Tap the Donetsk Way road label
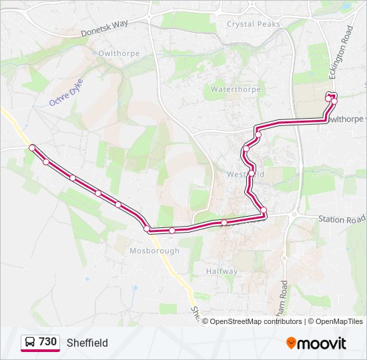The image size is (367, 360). point(103,28)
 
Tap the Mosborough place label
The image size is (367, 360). point(154,251)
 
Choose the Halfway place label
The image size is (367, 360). point(222,271)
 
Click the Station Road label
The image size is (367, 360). point(342,219)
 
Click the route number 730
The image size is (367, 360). point(47,342)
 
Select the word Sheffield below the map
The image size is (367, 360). point(87,343)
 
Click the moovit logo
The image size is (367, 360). point(316,343)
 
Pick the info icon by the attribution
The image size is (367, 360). point(205,321)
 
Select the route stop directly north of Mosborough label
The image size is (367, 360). point(147,229)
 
